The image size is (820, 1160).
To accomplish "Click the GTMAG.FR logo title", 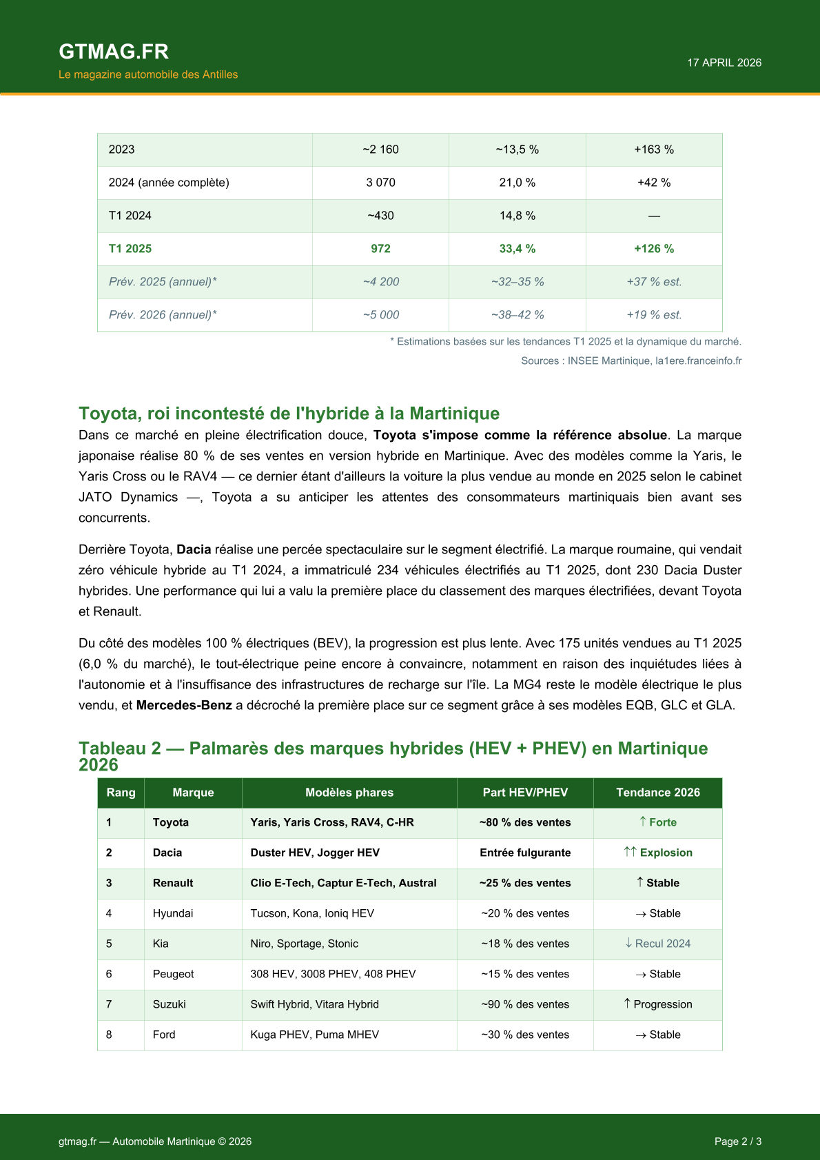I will [x=114, y=52].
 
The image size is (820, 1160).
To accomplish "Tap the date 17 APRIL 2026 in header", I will [x=724, y=63].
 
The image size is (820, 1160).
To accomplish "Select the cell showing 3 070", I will [x=380, y=183].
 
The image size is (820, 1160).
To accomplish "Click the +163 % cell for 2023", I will [x=653, y=150].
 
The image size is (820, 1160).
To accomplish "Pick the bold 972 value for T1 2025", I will [x=380, y=249].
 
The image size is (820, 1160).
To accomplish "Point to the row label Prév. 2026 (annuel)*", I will [x=163, y=315].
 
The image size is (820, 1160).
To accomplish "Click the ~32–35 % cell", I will [x=517, y=282].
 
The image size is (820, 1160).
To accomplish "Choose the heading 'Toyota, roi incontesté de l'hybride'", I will [x=289, y=414].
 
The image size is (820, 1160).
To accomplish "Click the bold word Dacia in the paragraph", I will [x=194, y=549].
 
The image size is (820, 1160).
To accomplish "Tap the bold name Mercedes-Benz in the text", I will [x=184, y=705].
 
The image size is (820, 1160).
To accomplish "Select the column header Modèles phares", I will [x=349, y=793].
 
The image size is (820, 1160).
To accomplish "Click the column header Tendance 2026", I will [x=657, y=793].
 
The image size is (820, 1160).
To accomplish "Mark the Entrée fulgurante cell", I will [x=525, y=853].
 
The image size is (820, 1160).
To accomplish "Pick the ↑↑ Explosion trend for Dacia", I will [x=657, y=853].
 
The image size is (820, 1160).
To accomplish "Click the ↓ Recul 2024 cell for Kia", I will [x=657, y=944].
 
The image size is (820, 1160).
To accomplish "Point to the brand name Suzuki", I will [x=170, y=1004].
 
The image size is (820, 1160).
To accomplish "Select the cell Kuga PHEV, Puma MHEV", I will [x=315, y=1035].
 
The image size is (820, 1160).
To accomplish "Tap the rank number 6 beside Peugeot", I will [x=109, y=974].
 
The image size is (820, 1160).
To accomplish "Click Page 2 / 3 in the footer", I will [x=737, y=1141].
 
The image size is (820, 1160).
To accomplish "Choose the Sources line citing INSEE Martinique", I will [x=631, y=360].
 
